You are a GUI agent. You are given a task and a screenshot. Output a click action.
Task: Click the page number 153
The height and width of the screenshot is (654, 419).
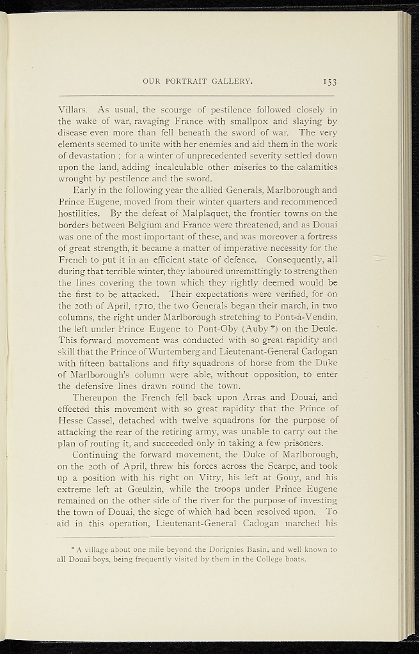[x=329, y=81]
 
